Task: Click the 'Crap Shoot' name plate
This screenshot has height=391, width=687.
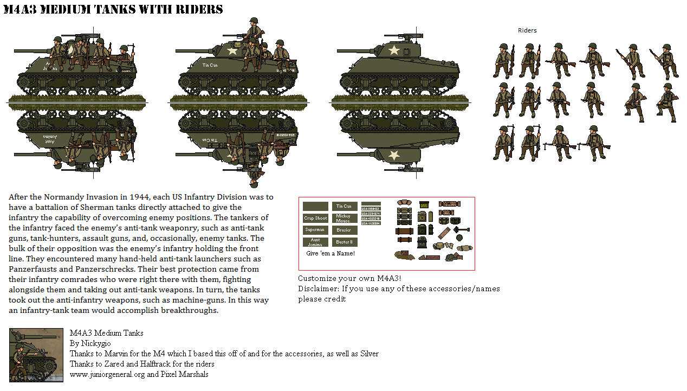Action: coord(315,218)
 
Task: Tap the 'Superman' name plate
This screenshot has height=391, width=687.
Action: coord(315,230)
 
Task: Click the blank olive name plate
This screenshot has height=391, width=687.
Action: coord(315,206)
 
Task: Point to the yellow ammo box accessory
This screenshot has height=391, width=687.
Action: coord(424,205)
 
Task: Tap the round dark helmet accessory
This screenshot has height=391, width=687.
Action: coord(459,238)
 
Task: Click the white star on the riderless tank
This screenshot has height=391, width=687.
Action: coord(394,51)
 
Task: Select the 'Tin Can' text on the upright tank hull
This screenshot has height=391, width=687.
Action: coord(210,65)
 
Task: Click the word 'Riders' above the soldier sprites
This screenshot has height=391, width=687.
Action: coord(527,30)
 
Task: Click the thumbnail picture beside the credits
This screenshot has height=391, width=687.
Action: coord(36,355)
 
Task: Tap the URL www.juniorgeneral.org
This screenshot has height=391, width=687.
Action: coord(107,374)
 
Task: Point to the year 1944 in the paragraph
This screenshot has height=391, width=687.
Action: coord(142,197)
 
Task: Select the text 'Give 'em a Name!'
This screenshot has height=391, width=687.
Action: coord(330,253)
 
